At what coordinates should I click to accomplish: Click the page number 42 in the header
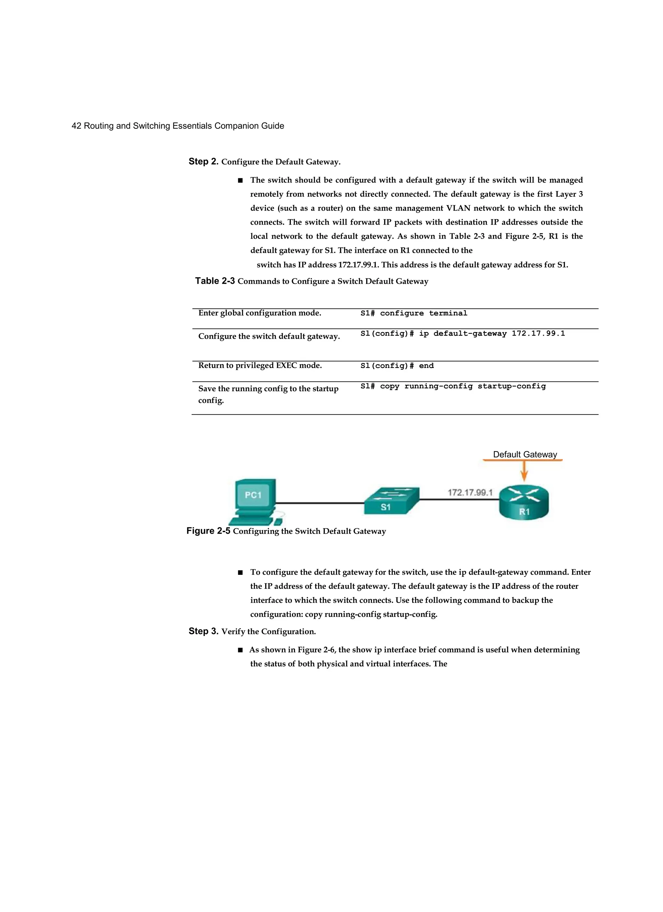pyautogui.click(x=76, y=126)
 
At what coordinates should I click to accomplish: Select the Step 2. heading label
pyautogui.click(x=204, y=161)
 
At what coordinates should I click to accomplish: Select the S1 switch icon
pyautogui.click(x=391, y=501)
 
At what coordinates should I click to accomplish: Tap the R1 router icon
pyautogui.click(x=524, y=503)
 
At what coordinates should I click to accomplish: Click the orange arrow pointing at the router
pyautogui.click(x=524, y=471)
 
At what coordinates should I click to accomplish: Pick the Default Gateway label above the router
pyautogui.click(x=525, y=454)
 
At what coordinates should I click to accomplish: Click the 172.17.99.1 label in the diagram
pyautogui.click(x=470, y=493)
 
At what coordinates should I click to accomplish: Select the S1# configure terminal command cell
pyautogui.click(x=414, y=313)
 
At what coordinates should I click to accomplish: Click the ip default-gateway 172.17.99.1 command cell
pyautogui.click(x=463, y=333)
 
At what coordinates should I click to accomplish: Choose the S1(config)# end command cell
pyautogui.click(x=397, y=365)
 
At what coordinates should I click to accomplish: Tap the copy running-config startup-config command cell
pyautogui.click(x=453, y=386)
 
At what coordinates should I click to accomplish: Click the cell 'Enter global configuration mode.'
pyautogui.click(x=260, y=313)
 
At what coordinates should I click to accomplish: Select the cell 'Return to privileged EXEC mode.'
pyautogui.click(x=260, y=365)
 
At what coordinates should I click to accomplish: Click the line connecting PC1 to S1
pyautogui.click(x=320, y=503)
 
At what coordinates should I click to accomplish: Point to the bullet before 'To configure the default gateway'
pyautogui.click(x=240, y=573)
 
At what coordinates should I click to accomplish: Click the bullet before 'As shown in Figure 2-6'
pyautogui.click(x=240, y=650)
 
